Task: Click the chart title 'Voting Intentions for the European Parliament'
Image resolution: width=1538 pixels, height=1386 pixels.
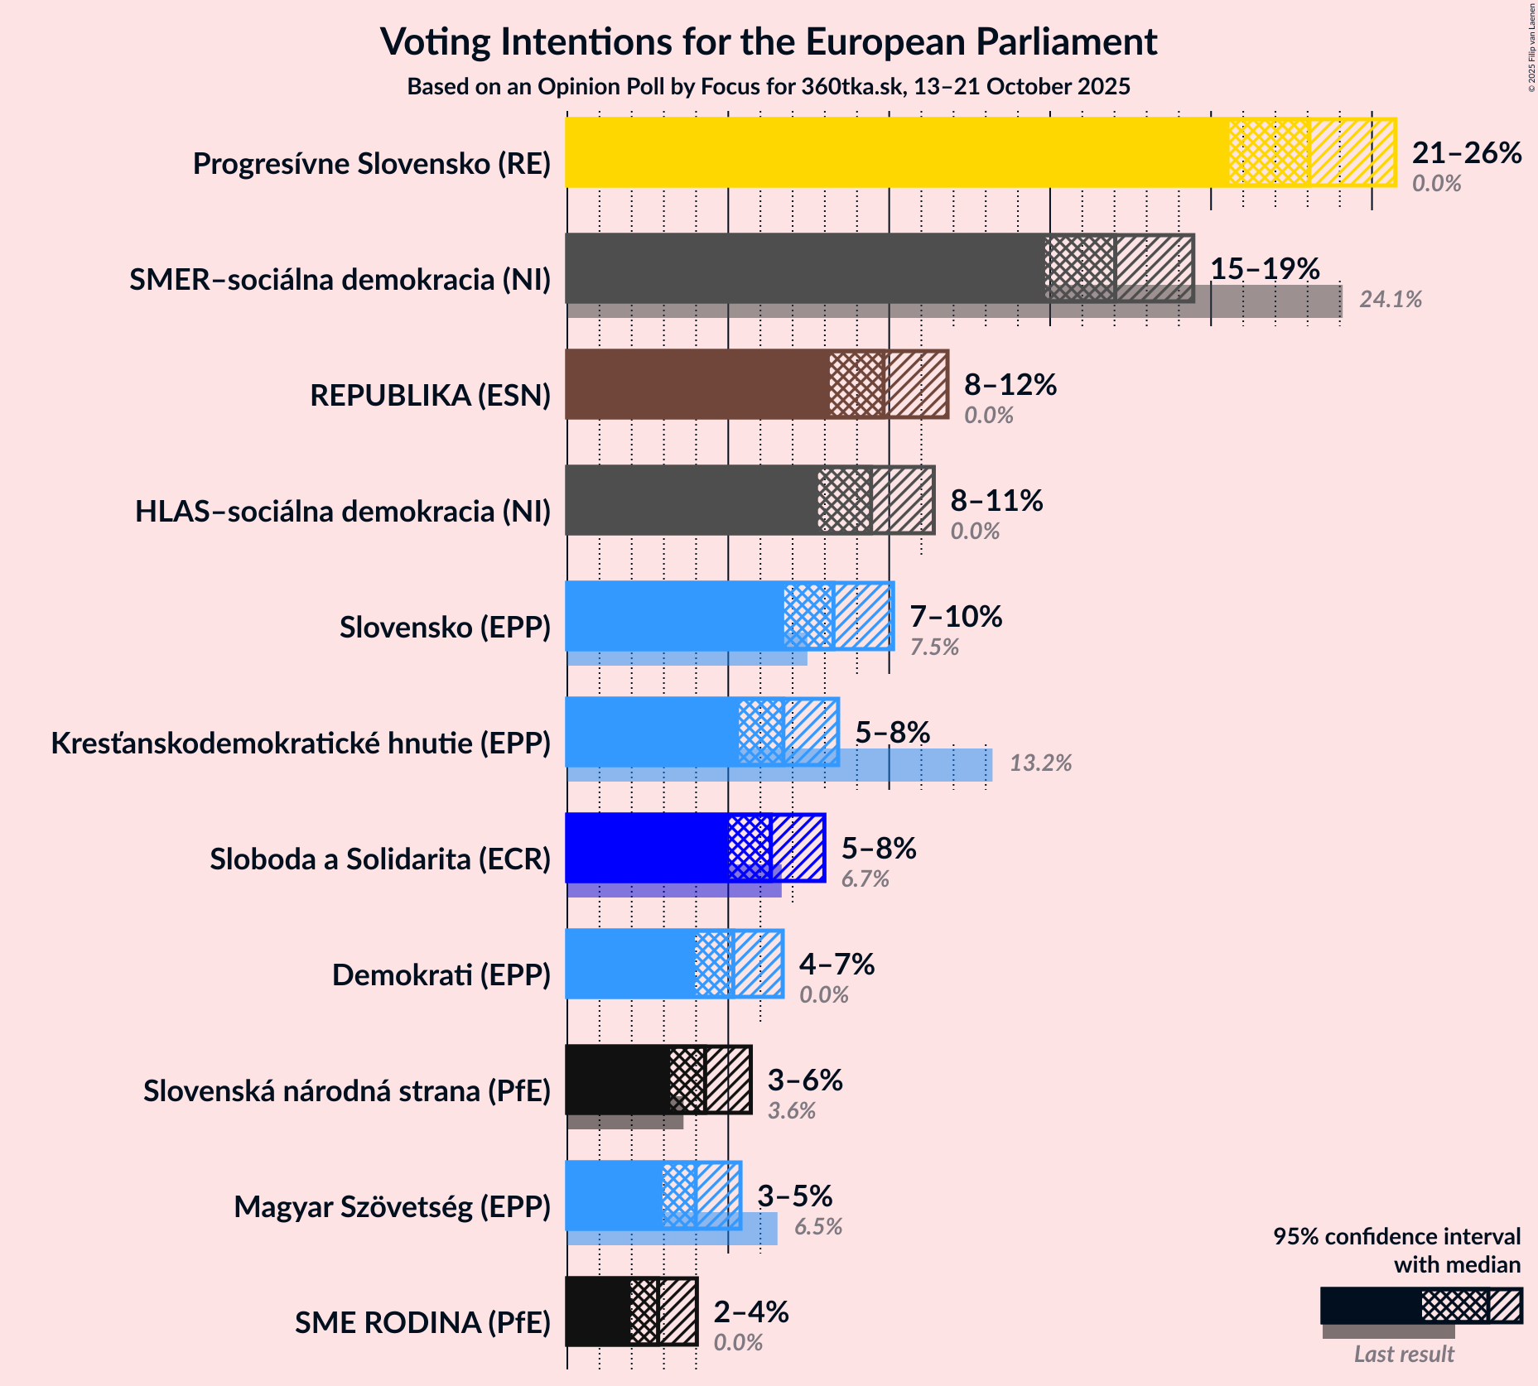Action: pos(769,42)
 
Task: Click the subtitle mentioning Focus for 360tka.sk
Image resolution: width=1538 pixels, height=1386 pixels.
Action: pos(769,87)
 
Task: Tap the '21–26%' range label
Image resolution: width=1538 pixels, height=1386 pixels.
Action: pos(1466,153)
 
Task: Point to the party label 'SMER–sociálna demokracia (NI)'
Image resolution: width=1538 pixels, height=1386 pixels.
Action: pos(340,280)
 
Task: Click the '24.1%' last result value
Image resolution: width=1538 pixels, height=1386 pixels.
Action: pos(1390,300)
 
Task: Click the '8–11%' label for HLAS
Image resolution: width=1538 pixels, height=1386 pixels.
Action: pos(996,501)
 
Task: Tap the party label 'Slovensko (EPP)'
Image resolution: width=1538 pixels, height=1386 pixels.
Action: pos(445,628)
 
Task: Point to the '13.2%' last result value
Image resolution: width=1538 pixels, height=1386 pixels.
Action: pos(1040,763)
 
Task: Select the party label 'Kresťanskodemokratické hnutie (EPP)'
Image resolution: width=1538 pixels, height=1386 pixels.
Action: pos(301,744)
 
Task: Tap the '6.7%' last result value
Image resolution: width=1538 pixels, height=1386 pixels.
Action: pos(865,879)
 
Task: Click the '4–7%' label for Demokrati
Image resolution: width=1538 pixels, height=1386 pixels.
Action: pos(836,965)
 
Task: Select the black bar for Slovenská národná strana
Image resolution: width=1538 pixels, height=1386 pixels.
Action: pos(618,1080)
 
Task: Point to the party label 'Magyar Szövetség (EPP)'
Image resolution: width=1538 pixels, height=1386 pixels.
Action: pos(392,1207)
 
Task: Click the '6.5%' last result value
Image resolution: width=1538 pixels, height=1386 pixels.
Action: pos(818,1227)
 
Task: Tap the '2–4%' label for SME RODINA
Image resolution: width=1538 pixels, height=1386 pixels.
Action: pos(750,1312)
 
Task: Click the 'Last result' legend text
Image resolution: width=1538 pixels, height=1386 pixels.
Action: pos(1404,1355)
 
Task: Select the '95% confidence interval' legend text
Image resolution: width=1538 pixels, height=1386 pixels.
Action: pos(1396,1237)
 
